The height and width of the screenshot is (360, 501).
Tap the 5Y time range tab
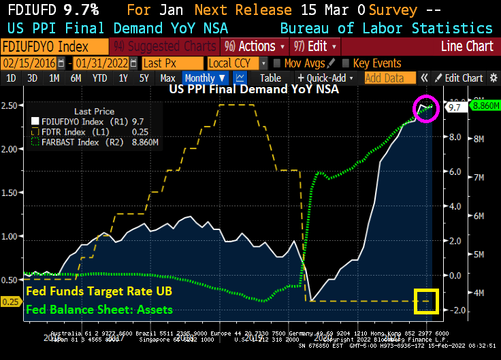pos(144,78)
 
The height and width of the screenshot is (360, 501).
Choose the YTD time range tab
pos(100,78)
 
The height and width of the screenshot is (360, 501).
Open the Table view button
pos(270,78)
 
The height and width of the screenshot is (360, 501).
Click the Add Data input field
pos(385,78)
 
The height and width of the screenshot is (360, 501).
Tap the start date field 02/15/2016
pos(29,63)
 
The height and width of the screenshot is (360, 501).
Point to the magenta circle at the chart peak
pos(426,109)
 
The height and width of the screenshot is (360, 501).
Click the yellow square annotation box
pos(426,301)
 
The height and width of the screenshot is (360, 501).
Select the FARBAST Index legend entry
pos(80,142)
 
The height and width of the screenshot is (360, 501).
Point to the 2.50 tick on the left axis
pos(10,105)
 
